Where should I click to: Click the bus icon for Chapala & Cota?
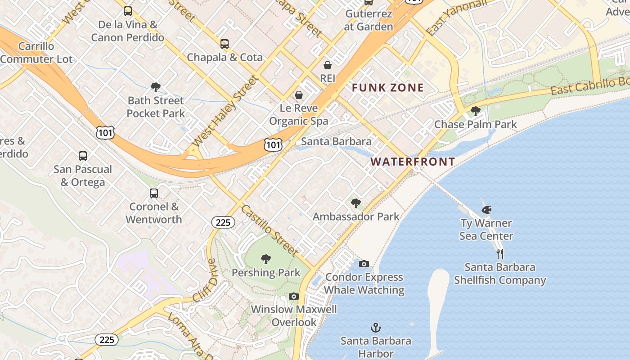click(x=225, y=44)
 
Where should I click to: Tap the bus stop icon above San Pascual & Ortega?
click(x=83, y=156)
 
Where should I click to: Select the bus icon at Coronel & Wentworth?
click(x=154, y=193)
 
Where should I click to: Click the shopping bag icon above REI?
click(x=328, y=65)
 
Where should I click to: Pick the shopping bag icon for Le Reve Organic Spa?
click(x=298, y=95)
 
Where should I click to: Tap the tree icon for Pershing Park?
click(x=266, y=259)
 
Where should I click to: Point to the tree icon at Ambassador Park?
click(x=356, y=203)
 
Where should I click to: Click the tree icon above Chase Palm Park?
click(x=475, y=111)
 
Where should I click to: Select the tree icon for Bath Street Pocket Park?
click(x=156, y=87)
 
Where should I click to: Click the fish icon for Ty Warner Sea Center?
click(x=486, y=210)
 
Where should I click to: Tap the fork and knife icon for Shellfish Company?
click(x=499, y=254)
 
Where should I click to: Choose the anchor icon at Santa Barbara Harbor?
click(x=375, y=327)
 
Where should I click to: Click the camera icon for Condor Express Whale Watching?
click(x=364, y=264)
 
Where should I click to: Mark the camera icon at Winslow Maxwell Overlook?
click(x=294, y=296)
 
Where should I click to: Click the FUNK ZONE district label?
click(x=388, y=88)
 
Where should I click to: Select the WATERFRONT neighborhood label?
click(x=413, y=162)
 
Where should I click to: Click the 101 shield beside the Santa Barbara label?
click(x=273, y=145)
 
